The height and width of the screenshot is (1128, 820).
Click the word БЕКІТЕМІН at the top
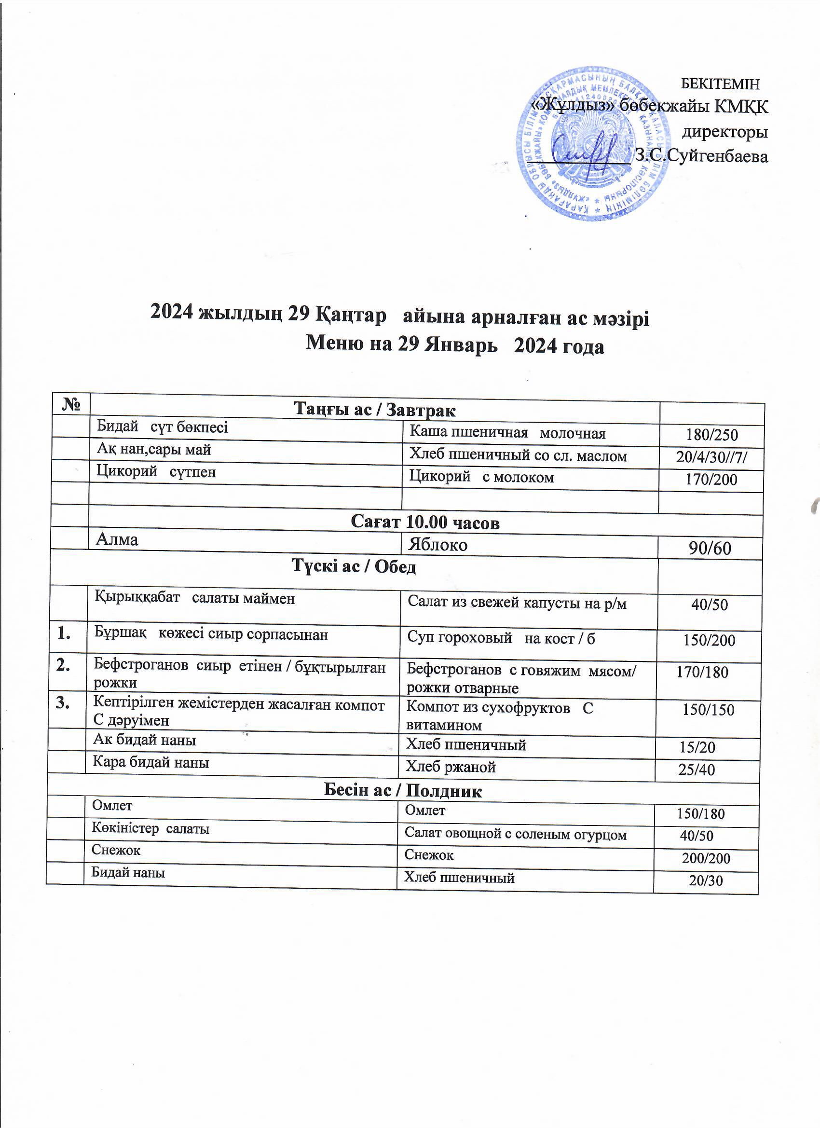tap(720, 84)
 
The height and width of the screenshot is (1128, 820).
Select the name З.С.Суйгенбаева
tap(702, 156)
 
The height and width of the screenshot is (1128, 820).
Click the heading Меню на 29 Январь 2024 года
tap(454, 345)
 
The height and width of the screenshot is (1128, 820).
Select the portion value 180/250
tap(711, 435)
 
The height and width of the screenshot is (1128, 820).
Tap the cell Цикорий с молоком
tap(481, 478)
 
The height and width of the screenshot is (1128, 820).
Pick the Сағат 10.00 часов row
tap(424, 522)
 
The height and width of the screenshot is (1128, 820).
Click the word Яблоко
tap(437, 545)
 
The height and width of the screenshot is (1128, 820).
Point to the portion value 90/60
tap(710, 548)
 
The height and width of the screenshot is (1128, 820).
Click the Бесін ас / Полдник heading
tap(402, 791)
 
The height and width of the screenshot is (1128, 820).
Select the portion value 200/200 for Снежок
tap(706, 858)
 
